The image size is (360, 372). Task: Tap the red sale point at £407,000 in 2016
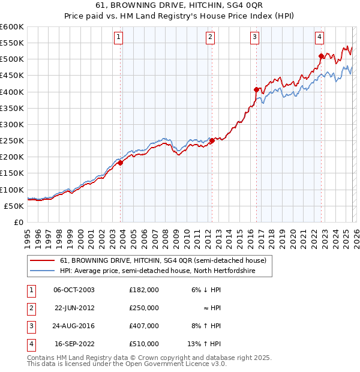pyautogui.click(x=256, y=89)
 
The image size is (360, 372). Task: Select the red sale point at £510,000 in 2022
pyautogui.click(x=321, y=56)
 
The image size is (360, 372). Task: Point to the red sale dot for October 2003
pyautogui.click(x=120, y=163)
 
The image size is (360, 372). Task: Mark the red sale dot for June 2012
pyautogui.click(x=212, y=141)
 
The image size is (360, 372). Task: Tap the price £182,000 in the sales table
pyautogui.click(x=143, y=290)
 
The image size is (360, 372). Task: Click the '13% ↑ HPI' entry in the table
pyautogui.click(x=205, y=344)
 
